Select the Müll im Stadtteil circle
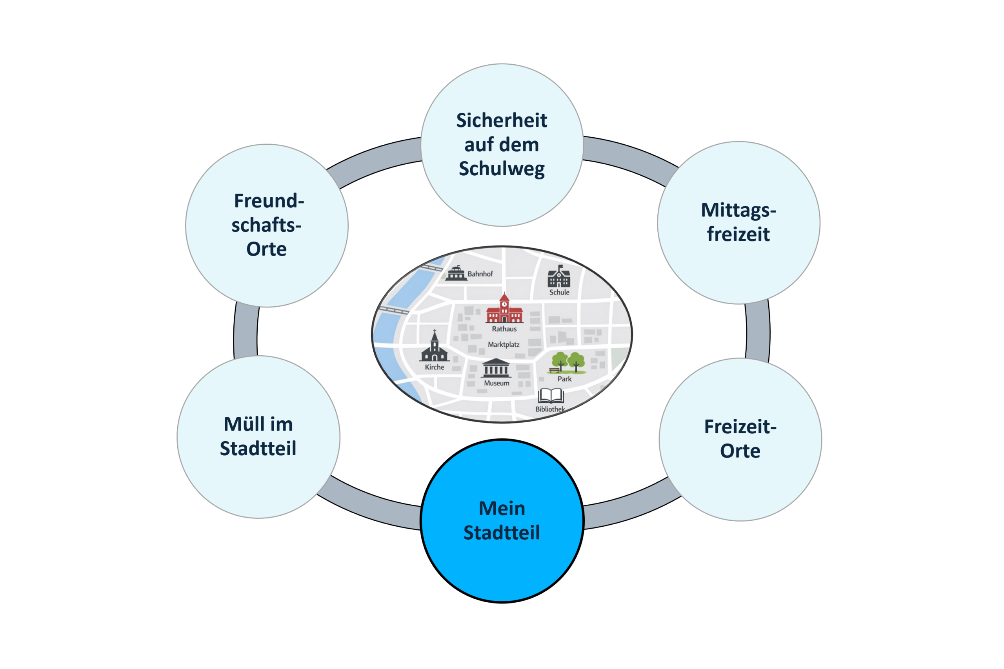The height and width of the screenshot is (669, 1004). tap(258, 437)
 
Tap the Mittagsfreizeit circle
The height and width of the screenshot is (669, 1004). tap(738, 223)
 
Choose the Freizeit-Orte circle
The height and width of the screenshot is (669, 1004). tap(740, 440)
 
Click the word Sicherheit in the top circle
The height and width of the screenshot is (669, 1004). tap(501, 120)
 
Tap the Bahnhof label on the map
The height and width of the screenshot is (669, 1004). tap(480, 274)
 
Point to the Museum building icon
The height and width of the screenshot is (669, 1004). tap(496, 368)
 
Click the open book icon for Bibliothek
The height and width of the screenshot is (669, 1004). tap(551, 396)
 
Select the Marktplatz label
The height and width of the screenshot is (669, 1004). tap(504, 344)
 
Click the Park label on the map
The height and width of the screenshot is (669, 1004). tap(564, 379)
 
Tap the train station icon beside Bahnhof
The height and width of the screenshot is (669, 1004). tap(456, 273)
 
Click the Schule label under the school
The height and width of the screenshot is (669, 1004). tap(559, 292)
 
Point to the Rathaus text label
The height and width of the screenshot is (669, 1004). tap(504, 329)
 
